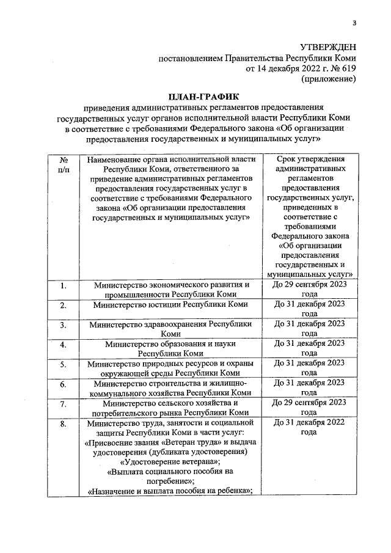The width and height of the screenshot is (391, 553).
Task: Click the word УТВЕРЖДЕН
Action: pyautogui.click(x=327, y=47)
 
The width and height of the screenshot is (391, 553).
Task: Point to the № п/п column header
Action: pyautogui.click(x=63, y=165)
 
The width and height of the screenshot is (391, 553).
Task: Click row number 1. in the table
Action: pyautogui.click(x=63, y=285)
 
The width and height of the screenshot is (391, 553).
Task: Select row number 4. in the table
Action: pyautogui.click(x=63, y=345)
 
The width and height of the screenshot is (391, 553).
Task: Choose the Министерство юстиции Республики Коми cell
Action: pyautogui.click(x=170, y=304)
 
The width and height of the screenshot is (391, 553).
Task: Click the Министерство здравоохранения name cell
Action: pyautogui.click(x=170, y=329)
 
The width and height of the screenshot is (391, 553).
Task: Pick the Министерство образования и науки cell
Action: pyautogui.click(x=170, y=348)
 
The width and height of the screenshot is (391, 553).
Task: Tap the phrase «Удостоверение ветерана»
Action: pyautogui.click(x=170, y=462)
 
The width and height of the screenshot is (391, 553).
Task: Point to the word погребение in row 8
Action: pyautogui.click(x=170, y=482)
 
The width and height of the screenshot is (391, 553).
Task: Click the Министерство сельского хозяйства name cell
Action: pyautogui.click(x=170, y=408)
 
